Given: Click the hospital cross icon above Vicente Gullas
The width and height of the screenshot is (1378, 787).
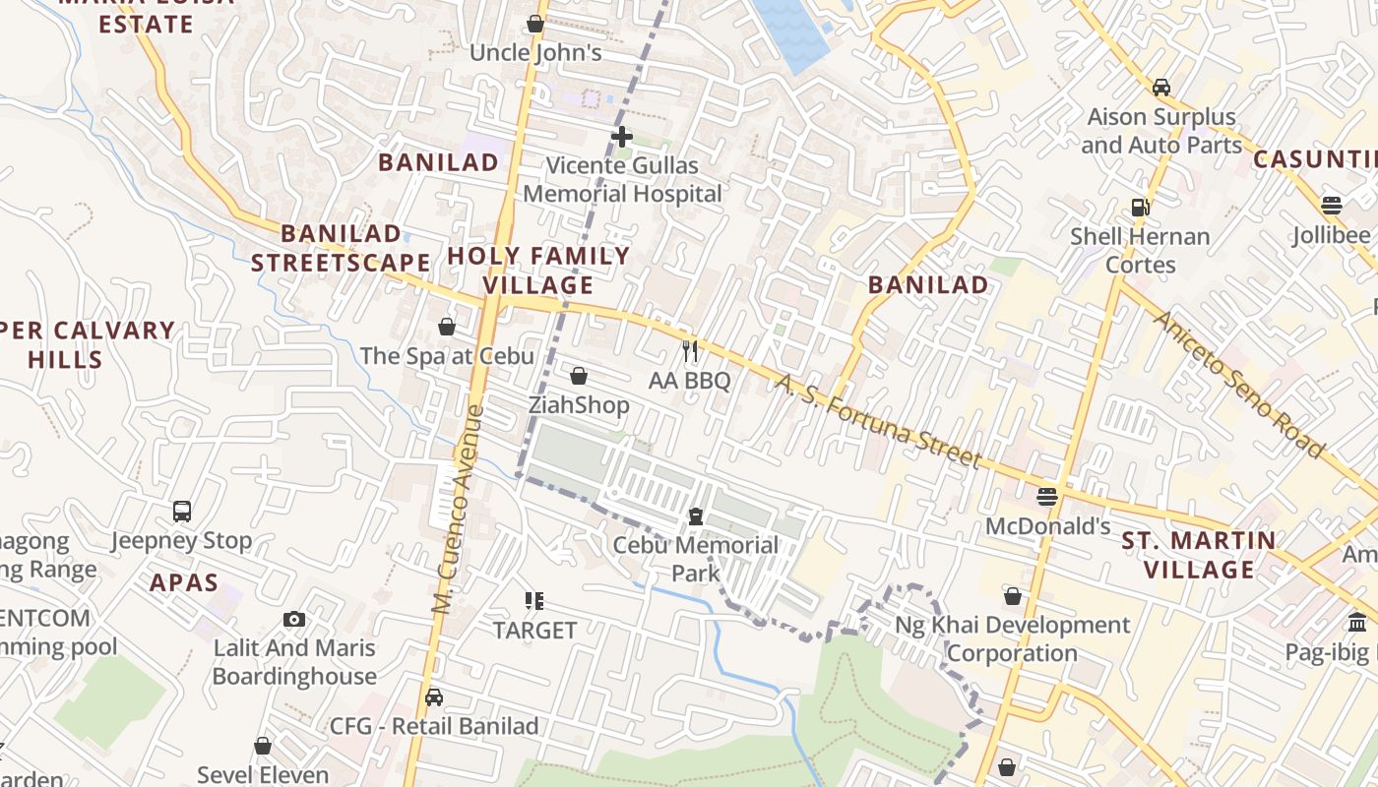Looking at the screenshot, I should click(x=621, y=136).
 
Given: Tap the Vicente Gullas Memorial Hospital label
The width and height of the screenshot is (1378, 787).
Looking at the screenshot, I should click(x=622, y=180).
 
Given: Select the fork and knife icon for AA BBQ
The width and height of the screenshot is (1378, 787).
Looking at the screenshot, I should click(x=690, y=351).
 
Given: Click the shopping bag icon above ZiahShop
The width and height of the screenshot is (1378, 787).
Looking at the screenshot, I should click(x=579, y=376).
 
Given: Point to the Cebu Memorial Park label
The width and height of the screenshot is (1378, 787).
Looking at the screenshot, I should click(x=695, y=559).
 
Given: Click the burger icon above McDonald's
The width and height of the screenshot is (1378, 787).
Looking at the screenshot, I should click(x=1047, y=497).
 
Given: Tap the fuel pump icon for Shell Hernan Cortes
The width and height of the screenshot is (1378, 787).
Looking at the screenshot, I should click(x=1140, y=208).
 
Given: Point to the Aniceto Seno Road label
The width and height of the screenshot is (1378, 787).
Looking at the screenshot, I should click(x=1238, y=384).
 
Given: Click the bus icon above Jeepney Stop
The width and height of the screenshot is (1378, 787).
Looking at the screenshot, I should click(x=182, y=512).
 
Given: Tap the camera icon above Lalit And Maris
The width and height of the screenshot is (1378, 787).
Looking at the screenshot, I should click(x=293, y=619).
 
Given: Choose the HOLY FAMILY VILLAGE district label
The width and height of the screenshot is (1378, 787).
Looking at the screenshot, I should click(x=538, y=271).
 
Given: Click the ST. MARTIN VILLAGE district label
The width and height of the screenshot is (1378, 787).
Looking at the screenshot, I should click(x=1199, y=555).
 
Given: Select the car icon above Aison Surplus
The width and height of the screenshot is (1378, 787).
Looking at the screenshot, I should click(x=1161, y=87).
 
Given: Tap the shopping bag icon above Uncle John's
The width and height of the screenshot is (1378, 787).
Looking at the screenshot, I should click(x=535, y=24).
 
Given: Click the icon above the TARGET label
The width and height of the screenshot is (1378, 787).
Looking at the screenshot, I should click(x=534, y=600).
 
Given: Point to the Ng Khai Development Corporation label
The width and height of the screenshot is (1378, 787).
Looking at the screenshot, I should click(x=1012, y=639).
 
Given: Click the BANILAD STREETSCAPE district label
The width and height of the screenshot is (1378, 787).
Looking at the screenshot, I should click(x=341, y=248).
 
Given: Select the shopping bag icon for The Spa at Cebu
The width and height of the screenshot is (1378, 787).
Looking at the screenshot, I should click(x=447, y=327).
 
